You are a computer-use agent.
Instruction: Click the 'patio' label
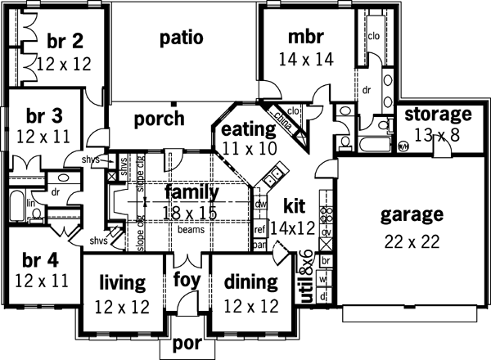[182, 38]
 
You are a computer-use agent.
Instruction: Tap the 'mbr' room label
[307, 38]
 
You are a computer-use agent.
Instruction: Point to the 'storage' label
[439, 114]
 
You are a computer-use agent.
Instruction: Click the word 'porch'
[160, 119]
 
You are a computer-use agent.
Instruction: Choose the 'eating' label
[248, 129]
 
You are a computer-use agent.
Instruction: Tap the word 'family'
[192, 193]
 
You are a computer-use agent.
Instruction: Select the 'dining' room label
[250, 283]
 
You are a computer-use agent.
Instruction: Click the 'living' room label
[123, 283]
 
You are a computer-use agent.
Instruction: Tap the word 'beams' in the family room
[194, 230]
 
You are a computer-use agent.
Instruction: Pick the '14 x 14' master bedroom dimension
[306, 59]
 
